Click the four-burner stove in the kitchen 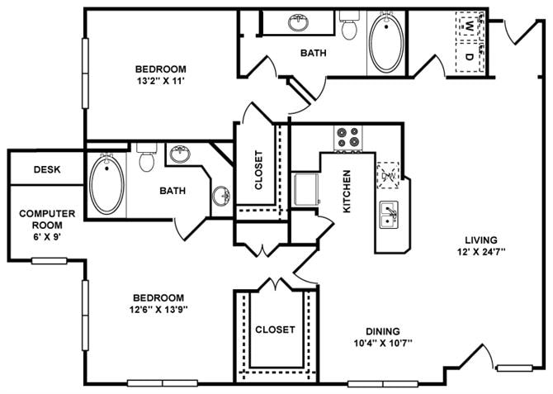[x=348, y=138]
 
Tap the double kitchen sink [x=389, y=215]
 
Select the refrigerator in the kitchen [x=307, y=189]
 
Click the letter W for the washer [x=468, y=27]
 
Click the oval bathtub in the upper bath [x=384, y=41]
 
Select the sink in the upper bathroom [x=299, y=22]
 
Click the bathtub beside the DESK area [x=106, y=183]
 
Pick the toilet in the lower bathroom [x=147, y=157]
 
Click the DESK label [x=46, y=169]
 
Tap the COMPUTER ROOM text [x=47, y=219]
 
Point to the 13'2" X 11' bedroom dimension [x=162, y=82]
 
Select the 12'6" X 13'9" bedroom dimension [x=157, y=311]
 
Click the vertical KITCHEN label [x=347, y=192]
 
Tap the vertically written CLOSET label [x=258, y=169]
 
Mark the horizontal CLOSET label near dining [x=274, y=329]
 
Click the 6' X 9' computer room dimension [x=47, y=236]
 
